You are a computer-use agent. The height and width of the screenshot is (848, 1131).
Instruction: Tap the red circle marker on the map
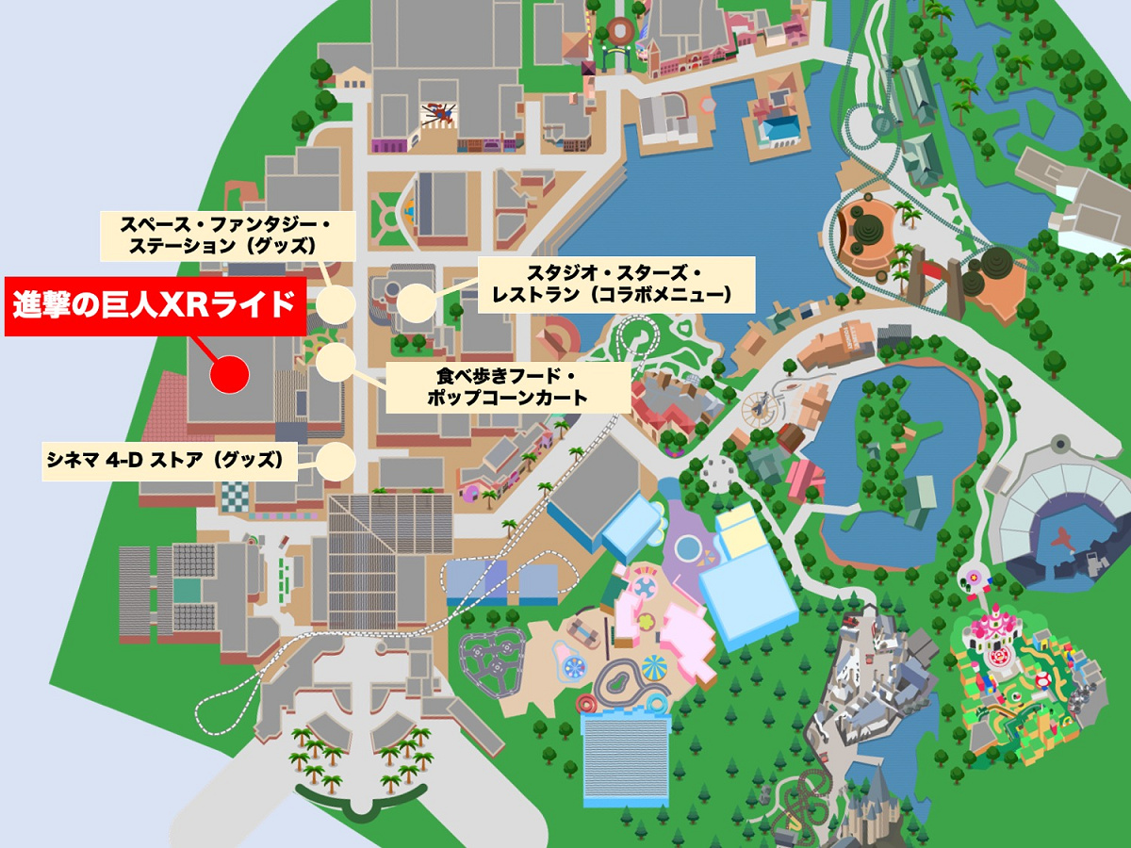229,374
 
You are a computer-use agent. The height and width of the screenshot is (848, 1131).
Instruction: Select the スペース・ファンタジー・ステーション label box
226,236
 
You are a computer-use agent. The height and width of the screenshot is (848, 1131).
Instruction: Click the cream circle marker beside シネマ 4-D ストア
336,462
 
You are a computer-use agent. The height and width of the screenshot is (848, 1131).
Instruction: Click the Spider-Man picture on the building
438,113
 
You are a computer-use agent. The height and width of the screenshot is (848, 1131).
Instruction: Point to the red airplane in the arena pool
1063,541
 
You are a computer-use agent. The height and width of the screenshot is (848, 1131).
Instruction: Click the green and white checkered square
238,494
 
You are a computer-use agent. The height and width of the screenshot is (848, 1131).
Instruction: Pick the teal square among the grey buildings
187,591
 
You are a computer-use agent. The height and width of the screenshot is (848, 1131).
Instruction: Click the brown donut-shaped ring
621,31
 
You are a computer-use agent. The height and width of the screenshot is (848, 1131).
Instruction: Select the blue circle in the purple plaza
688,547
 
